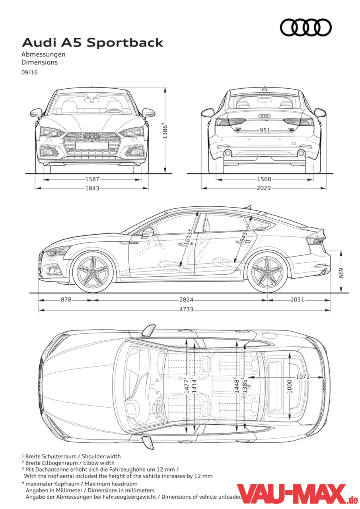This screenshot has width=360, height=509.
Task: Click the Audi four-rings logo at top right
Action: [x=306, y=28]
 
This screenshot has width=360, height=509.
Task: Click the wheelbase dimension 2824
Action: [x=186, y=300]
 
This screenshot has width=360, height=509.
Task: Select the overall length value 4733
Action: [x=186, y=309]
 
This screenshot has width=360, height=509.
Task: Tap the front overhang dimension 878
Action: [x=66, y=300]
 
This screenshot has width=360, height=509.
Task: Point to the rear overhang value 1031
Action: [x=297, y=300]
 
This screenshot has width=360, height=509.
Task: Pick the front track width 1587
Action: [x=92, y=179]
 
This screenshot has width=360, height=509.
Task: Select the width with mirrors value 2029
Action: [x=264, y=188]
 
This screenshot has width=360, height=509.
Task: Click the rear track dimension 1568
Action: [x=264, y=179]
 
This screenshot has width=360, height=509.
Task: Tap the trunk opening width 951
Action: [x=265, y=130]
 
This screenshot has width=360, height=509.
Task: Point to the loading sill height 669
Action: [x=341, y=273]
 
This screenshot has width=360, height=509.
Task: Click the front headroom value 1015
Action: [x=188, y=238]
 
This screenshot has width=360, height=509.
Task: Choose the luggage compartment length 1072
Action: [x=303, y=377]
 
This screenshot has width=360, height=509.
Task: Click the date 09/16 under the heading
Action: [x=29, y=72]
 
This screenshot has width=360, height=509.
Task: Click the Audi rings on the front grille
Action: [x=92, y=136]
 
